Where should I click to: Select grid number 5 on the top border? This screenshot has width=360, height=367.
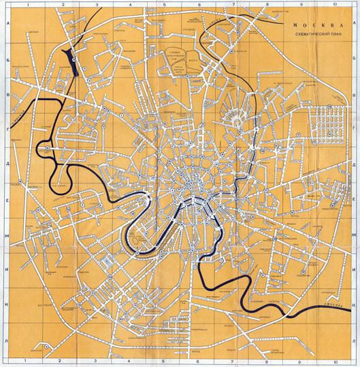163,4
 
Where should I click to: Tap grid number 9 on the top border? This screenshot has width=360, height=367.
301,4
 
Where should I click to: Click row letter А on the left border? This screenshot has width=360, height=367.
5,24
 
